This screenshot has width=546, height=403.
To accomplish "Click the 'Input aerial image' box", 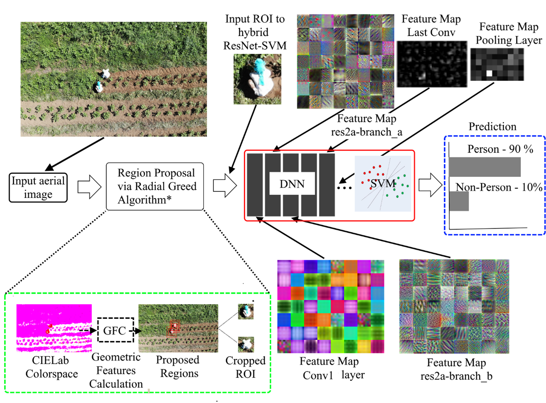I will click(38, 187).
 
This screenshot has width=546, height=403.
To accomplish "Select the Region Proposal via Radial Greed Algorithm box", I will click(155, 186).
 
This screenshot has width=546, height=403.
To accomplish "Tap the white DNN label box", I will click(292, 184).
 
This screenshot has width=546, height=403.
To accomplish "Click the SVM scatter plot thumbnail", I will click(383, 184).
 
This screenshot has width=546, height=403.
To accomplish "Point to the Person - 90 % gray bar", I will click(484, 167).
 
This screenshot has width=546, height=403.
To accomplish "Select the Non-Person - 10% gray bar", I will click(459, 201).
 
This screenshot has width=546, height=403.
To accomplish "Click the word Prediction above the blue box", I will click(492, 127).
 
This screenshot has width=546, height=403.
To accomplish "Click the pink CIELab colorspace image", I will click(54, 328).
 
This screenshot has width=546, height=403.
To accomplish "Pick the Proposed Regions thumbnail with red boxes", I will click(178, 328).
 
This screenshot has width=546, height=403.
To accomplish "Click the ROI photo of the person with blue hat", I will click(257, 79).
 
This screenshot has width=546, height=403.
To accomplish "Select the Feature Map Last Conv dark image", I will click(432, 64).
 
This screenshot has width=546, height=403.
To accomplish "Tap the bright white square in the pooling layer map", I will click(489, 73).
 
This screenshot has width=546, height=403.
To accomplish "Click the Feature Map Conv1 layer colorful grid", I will click(331, 306).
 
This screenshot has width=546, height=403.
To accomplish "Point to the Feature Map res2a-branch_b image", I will click(454, 306).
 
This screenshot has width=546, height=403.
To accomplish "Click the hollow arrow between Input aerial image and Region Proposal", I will click(89, 187).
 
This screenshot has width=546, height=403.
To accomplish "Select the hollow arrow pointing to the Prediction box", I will click(430, 185).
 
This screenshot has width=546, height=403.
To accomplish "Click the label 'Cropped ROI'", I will click(246, 367).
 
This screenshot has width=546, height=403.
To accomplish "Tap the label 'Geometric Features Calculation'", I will click(116, 371).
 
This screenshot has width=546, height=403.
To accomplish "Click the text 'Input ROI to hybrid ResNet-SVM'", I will click(255, 32).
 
